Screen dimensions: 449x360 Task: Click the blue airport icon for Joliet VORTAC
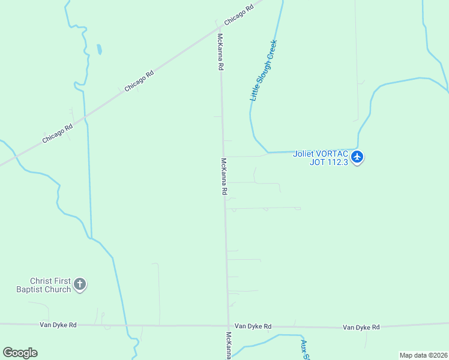[358, 157]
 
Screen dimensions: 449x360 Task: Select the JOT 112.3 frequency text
[329, 161]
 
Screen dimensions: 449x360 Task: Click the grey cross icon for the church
[80, 284]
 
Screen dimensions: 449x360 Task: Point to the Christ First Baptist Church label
[51, 285]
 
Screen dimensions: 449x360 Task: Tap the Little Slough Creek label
[264, 71]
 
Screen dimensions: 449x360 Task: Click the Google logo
[20, 353]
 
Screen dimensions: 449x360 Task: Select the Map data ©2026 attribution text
[423, 355]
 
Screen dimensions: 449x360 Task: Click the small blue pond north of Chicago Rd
[98, 49]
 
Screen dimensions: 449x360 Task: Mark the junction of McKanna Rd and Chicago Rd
[219, 27]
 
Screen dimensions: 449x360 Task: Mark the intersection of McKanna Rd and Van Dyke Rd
[228, 326]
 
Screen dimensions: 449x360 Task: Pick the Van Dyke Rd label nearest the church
[58, 325]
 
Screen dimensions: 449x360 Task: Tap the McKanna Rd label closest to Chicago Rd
[220, 52]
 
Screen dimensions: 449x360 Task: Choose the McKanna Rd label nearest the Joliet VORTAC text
[224, 176]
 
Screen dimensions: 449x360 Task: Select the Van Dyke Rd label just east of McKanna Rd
[253, 326]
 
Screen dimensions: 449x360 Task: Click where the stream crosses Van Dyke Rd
[126, 325]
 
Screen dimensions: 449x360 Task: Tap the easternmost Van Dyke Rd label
[361, 327]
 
